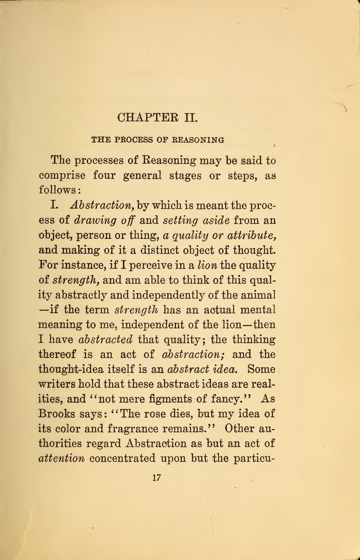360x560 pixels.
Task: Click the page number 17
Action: [157, 477]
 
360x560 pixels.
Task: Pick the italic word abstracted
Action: [106, 340]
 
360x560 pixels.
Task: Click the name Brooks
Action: [56, 414]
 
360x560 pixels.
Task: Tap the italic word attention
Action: [62, 458]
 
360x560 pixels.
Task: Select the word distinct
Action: [159, 250]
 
